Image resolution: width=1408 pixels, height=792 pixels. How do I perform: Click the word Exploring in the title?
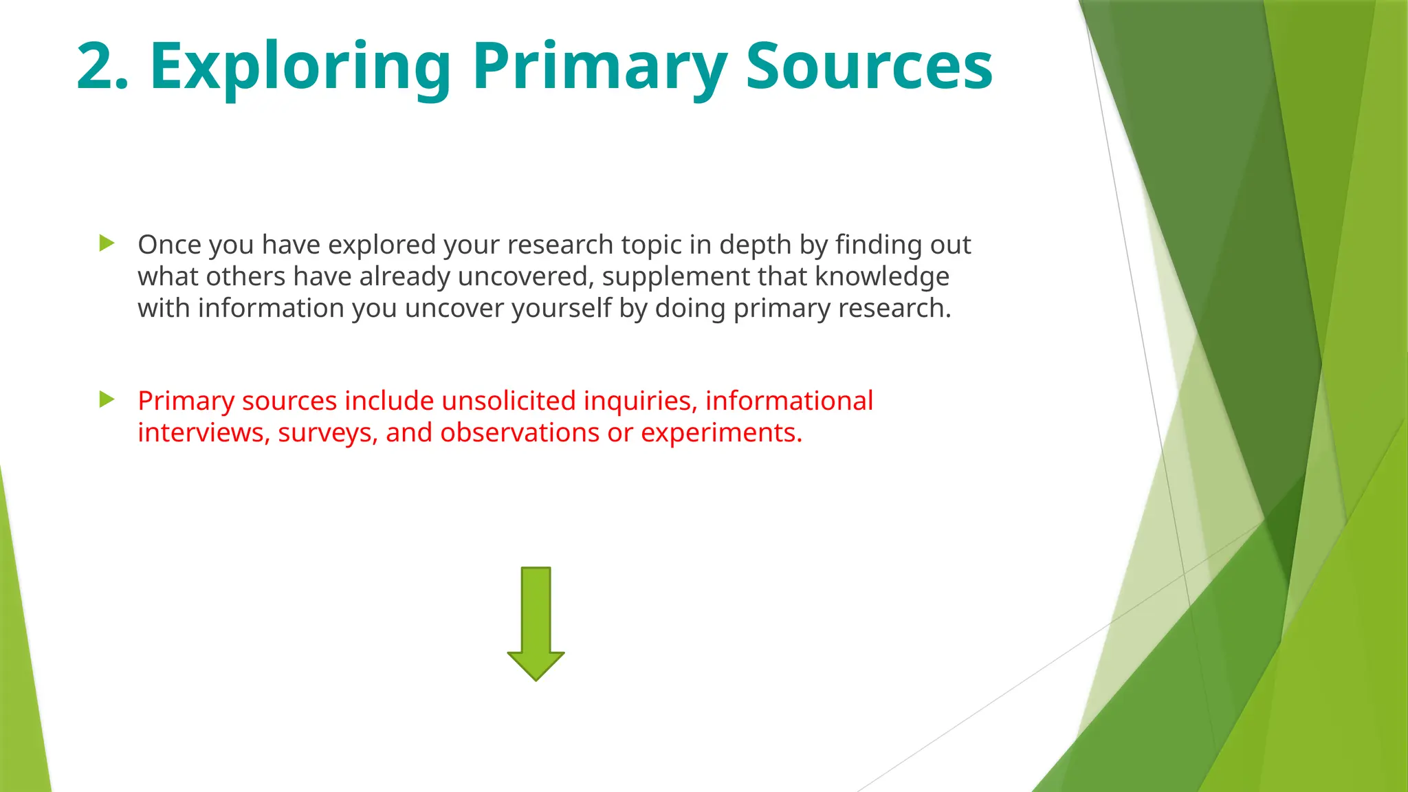(300, 67)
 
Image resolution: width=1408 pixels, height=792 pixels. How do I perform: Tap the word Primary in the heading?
(599, 67)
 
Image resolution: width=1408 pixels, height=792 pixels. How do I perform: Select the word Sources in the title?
(869, 67)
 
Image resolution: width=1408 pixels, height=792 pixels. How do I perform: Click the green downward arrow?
(536, 623)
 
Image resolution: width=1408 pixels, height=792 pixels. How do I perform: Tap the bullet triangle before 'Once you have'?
(107, 243)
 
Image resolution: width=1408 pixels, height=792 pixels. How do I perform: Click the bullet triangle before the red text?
(107, 399)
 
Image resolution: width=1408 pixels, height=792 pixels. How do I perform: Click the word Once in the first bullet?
(169, 245)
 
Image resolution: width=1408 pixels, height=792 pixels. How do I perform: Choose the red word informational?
(789, 401)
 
